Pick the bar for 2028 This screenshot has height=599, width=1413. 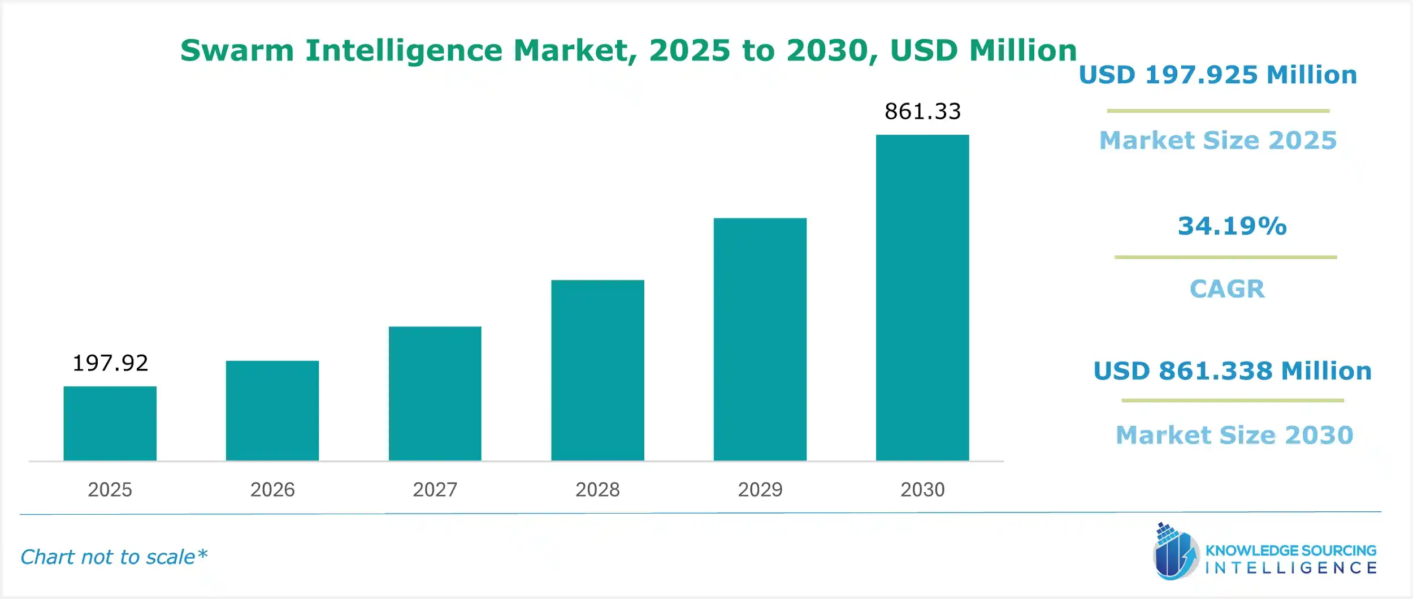[x=597, y=370]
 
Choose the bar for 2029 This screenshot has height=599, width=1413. [x=760, y=339]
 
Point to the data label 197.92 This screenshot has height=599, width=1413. [x=110, y=363]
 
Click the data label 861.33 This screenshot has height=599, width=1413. [x=922, y=111]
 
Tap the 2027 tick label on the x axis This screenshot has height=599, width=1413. [x=435, y=489]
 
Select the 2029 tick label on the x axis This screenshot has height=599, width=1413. [x=760, y=489]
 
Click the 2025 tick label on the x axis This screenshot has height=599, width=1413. [x=110, y=489]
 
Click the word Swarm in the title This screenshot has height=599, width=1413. [x=237, y=50]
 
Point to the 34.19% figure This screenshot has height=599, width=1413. [x=1232, y=226]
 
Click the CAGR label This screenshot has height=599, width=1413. [x=1227, y=289]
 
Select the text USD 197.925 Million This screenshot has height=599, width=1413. [x=1217, y=75]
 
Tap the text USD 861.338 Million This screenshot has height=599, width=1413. [x=1232, y=371]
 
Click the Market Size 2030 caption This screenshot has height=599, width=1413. [x=1234, y=435]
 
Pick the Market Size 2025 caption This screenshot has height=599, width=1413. [x=1217, y=140]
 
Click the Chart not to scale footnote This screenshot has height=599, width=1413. [x=114, y=557]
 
